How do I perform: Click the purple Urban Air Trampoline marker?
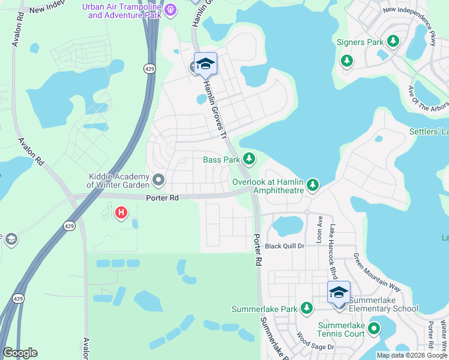170,10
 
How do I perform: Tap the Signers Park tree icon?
393,41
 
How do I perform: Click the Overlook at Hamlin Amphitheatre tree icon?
312,185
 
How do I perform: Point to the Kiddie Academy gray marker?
158,179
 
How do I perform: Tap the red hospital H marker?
121,212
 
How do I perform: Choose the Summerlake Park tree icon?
307,308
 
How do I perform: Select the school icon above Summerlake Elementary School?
339,292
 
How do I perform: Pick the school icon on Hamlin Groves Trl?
205,64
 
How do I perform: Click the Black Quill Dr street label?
285,246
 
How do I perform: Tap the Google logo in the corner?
20,353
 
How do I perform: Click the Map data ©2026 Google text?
412,355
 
